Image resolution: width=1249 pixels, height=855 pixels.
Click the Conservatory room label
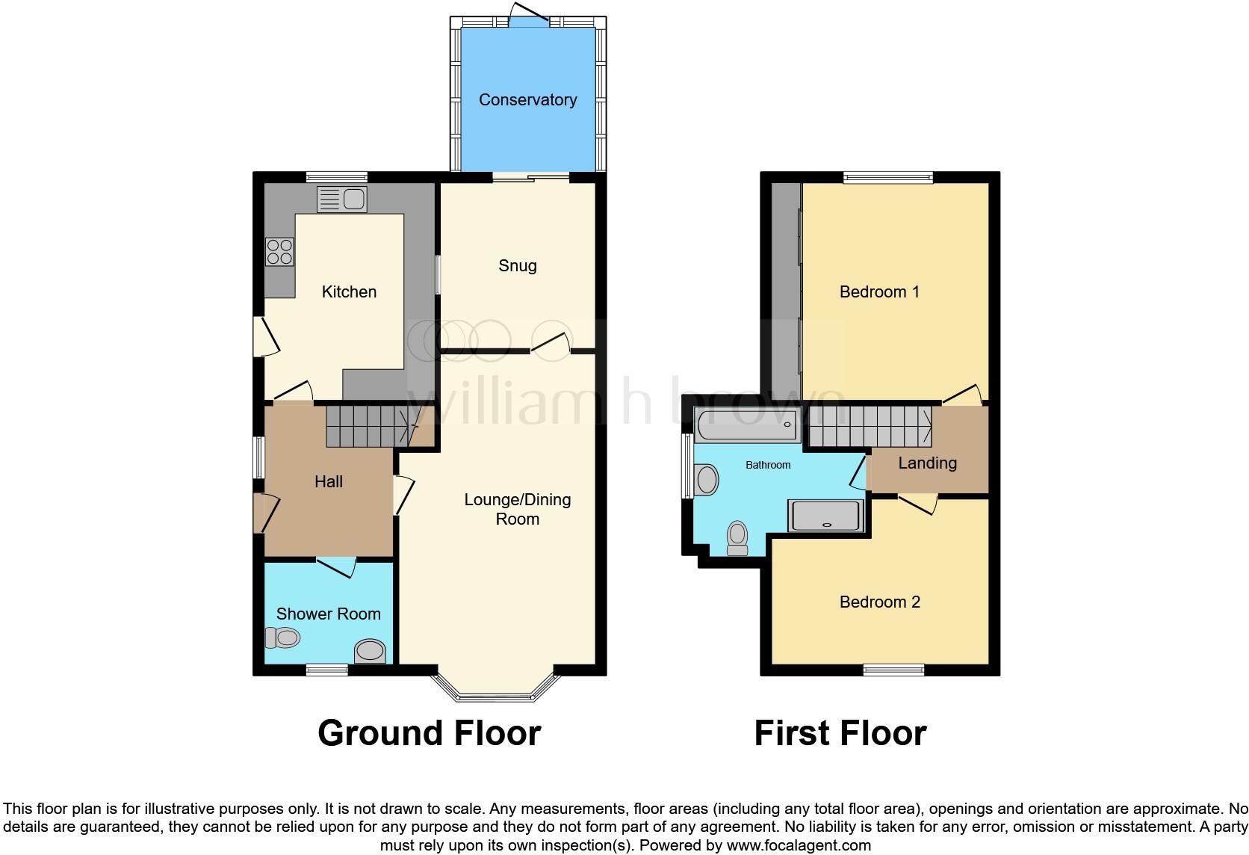[x=527, y=100]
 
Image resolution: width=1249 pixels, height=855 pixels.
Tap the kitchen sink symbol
[x=342, y=200]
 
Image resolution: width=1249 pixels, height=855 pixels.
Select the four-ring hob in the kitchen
[x=279, y=251]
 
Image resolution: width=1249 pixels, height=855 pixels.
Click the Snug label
[x=518, y=266]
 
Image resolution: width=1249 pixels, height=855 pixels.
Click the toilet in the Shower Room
[x=283, y=638]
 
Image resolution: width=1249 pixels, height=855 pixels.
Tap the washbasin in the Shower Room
[x=370, y=651]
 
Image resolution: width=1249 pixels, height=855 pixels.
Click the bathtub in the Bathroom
[x=746, y=425]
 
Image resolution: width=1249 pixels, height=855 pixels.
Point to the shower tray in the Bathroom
[x=826, y=516]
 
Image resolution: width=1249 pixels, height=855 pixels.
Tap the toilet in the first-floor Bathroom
[x=737, y=538]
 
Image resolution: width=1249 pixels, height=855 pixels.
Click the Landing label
[x=927, y=463]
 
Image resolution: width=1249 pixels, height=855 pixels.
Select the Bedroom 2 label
[x=879, y=602]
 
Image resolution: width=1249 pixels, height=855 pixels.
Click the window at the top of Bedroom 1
[x=888, y=178]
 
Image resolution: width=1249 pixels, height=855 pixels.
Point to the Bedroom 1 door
[x=963, y=395]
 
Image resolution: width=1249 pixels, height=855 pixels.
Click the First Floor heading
[x=840, y=733]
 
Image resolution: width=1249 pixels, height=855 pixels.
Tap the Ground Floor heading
[x=429, y=733]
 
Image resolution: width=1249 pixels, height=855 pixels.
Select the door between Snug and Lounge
[x=551, y=345]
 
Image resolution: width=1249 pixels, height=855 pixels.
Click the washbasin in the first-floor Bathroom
[x=706, y=479]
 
